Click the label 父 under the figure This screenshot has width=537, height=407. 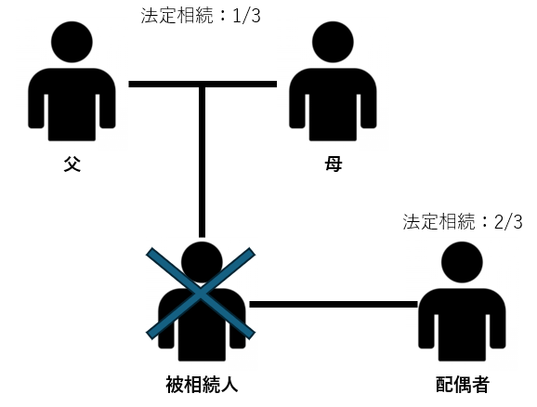(72, 164)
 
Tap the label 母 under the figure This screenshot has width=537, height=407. (333, 164)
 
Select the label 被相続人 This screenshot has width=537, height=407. (202, 384)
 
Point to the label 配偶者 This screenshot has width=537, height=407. (463, 384)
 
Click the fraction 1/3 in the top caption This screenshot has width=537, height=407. (246, 16)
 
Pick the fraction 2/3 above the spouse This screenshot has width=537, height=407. (508, 222)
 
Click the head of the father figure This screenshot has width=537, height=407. (72, 42)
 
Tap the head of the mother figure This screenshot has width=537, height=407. (333, 42)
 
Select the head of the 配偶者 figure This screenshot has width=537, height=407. (462, 262)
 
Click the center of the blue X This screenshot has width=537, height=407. (201, 294)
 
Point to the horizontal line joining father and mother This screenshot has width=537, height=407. (203, 84)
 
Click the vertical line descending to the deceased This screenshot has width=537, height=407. (202, 162)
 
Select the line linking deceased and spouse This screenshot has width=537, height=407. (334, 304)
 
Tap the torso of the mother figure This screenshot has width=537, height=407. (333, 104)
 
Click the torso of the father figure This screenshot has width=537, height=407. (72, 104)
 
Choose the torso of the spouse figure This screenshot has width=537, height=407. (462, 325)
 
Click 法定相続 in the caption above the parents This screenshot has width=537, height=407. (177, 16)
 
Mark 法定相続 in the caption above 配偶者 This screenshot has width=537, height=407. (439, 222)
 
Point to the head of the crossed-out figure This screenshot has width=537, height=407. (202, 262)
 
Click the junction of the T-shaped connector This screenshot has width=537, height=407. (202, 85)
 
